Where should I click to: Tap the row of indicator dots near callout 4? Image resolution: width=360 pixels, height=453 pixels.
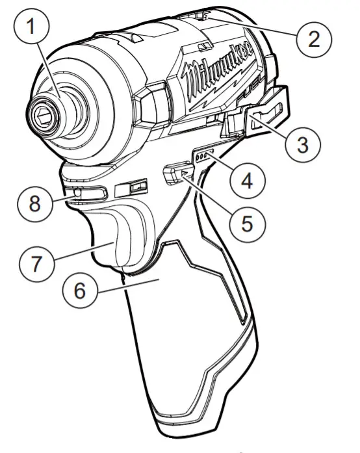coord(204,156)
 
